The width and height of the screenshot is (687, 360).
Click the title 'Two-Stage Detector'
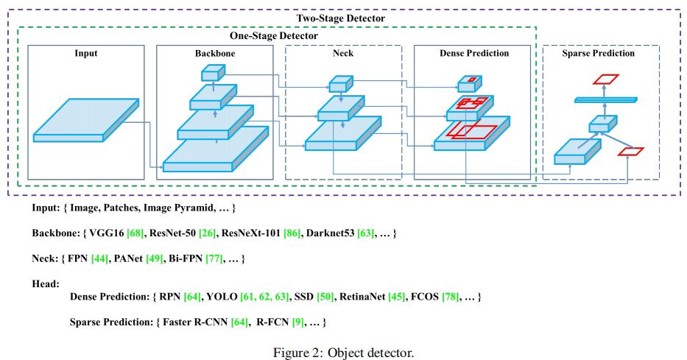[340, 18]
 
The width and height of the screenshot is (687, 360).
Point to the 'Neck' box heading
[343, 54]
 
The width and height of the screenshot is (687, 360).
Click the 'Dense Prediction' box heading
[473, 54]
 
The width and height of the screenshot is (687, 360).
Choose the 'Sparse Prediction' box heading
[600, 54]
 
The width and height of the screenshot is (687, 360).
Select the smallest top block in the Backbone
[212, 72]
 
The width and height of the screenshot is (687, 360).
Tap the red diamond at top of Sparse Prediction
[607, 78]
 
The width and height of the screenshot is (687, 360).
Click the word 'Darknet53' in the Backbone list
[332, 233]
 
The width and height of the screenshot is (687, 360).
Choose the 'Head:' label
[46, 283]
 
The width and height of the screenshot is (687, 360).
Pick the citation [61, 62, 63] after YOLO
[264, 297]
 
